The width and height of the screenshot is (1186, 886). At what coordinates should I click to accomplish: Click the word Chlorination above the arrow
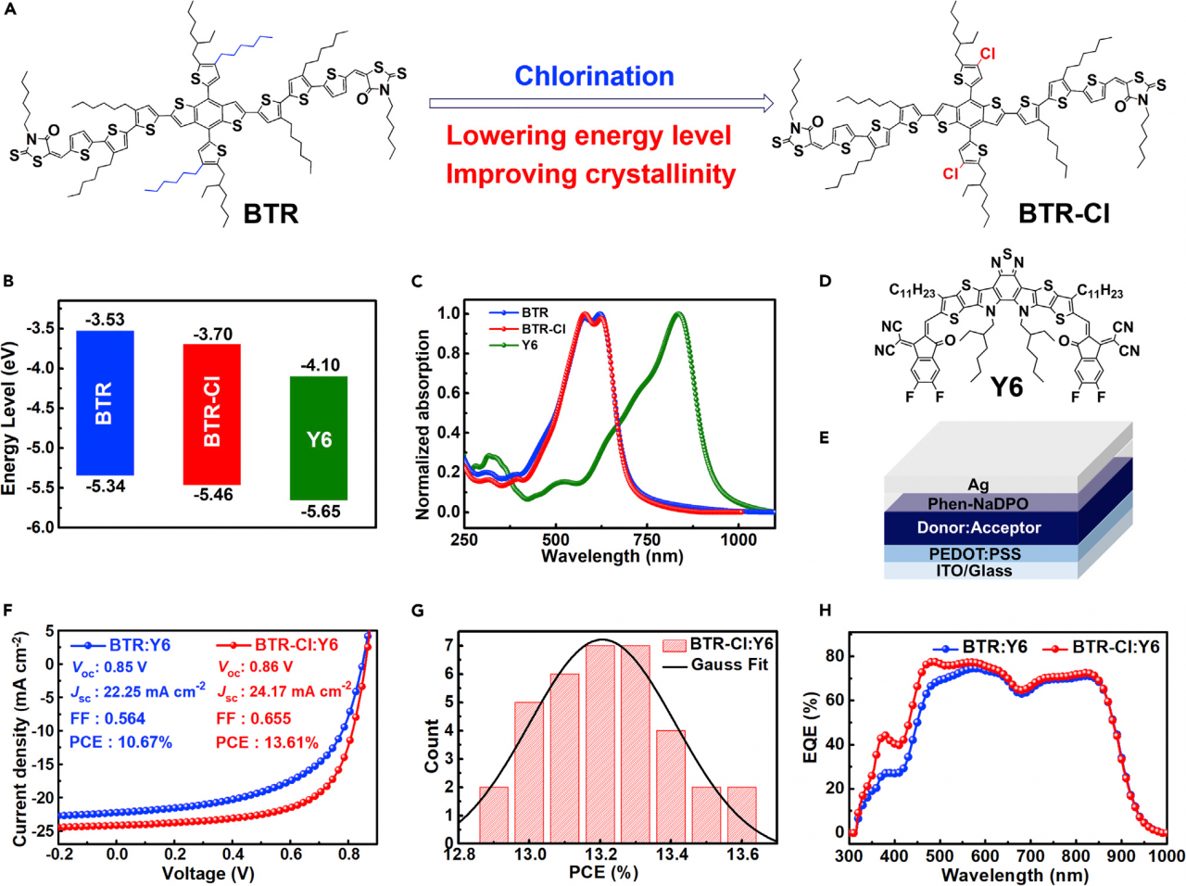[x=594, y=76]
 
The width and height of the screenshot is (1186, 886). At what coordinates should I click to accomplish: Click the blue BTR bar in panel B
[x=104, y=402]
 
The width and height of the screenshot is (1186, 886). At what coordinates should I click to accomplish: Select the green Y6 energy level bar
[x=319, y=438]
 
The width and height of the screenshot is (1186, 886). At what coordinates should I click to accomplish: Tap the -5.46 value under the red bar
[x=212, y=495]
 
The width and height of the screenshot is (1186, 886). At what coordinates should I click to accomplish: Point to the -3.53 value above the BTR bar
[x=105, y=320]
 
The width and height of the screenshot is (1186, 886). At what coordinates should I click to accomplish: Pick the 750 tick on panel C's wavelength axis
[x=647, y=539]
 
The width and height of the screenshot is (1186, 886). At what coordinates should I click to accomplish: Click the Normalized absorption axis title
[x=423, y=424]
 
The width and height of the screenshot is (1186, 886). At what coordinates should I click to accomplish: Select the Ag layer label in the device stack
[x=978, y=485]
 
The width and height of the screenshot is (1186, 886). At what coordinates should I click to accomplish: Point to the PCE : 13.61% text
[x=267, y=742]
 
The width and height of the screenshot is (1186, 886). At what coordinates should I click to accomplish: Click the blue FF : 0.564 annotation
[x=107, y=718]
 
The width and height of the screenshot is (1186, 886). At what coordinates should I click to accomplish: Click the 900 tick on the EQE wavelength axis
[x=1121, y=856]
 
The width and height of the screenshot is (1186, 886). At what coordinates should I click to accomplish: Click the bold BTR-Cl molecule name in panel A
[x=1064, y=214]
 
